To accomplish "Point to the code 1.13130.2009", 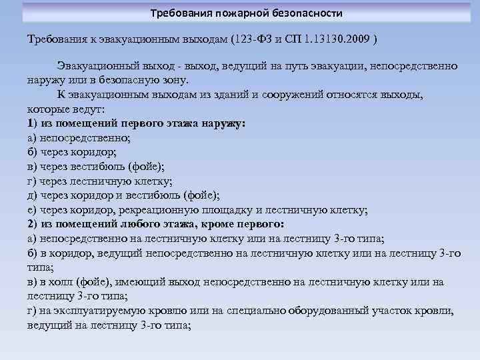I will point(337,39).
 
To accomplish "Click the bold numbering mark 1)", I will point(34,123).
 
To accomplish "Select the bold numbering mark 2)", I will point(34,223).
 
